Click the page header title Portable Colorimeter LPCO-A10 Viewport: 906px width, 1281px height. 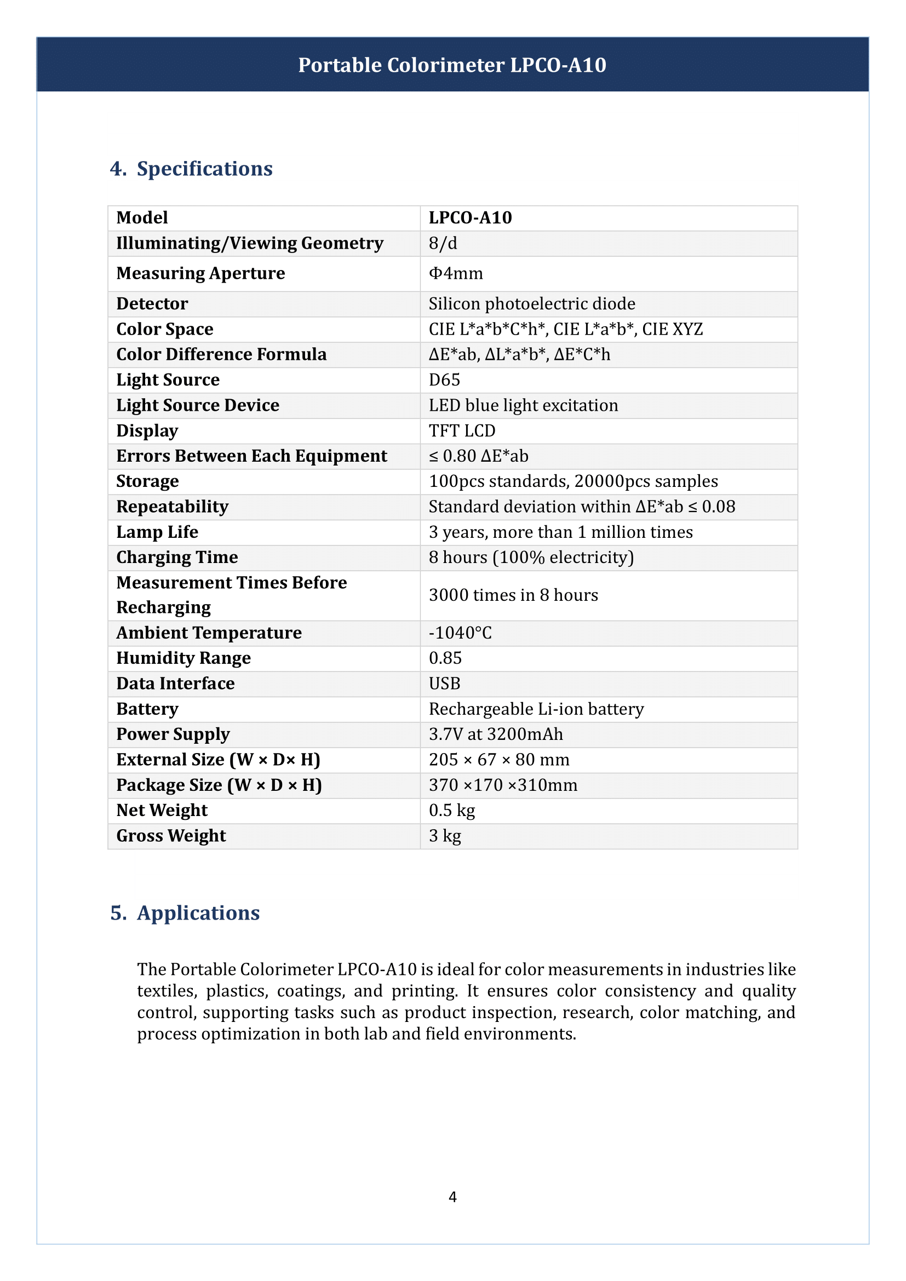452,65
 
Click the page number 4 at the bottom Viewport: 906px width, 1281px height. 452,1197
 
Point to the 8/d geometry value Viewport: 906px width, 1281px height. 443,243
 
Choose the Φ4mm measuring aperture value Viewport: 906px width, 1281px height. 456,273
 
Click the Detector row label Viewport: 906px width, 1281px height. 152,303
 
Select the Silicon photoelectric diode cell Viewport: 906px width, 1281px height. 532,303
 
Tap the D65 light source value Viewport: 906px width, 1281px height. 445,380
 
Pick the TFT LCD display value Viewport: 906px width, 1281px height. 462,430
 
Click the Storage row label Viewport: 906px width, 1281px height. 148,481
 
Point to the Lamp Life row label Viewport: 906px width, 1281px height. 157,532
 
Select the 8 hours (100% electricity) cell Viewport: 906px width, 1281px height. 531,558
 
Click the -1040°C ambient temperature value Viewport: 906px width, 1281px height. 460,633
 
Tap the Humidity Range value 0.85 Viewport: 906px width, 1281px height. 445,658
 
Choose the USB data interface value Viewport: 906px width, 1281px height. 445,683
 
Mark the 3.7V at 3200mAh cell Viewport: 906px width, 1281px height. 496,734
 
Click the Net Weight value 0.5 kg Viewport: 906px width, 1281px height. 452,810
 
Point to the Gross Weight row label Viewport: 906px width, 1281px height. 171,836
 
